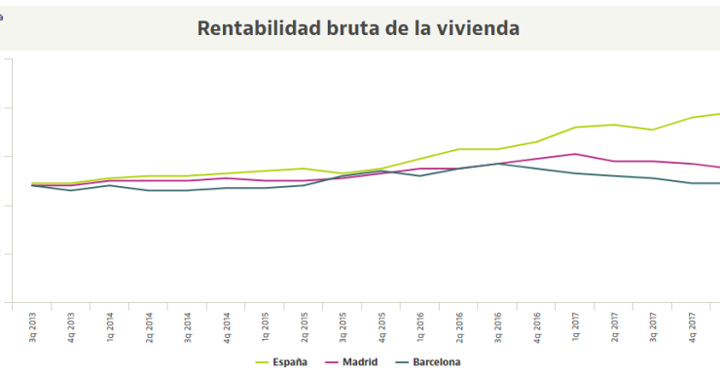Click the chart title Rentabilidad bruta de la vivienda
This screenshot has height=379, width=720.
click(x=358, y=27)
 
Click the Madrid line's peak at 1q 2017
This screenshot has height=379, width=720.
click(x=576, y=154)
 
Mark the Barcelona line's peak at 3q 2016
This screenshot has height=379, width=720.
click(x=498, y=164)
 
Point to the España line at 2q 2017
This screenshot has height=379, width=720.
click(x=615, y=125)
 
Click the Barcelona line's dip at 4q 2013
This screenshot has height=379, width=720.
click(x=71, y=190)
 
